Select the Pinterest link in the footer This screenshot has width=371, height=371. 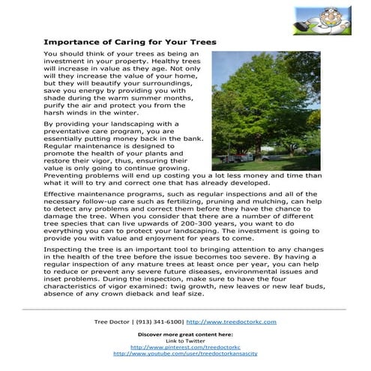point(185,347)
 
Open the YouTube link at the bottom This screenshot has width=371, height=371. point(185,354)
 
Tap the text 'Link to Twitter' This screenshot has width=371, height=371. point(185,341)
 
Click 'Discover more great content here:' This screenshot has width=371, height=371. point(185,334)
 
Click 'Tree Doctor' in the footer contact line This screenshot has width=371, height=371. point(112,322)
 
